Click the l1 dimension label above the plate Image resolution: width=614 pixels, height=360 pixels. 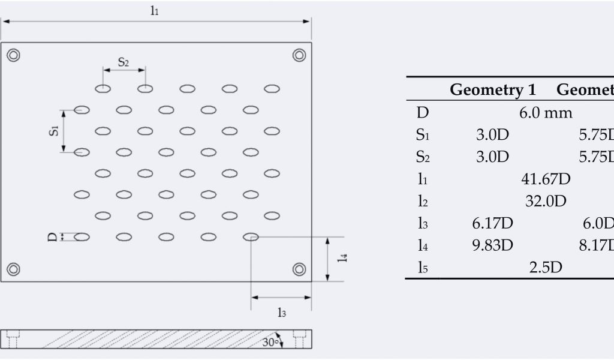pos(155,11)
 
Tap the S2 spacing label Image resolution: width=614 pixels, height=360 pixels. pos(123,61)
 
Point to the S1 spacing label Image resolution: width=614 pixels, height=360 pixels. pos(54,131)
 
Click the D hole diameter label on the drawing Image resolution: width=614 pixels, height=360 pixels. pos(52,237)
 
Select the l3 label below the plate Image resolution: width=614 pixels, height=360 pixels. pos(281,311)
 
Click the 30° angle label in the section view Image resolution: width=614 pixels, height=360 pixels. pos(270,341)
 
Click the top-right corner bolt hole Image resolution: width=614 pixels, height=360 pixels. pos(299,55)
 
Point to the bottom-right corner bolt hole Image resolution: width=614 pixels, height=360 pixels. pos(299,268)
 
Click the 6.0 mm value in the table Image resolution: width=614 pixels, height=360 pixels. pos(546,112)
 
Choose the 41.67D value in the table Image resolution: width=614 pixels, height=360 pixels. pos(546,179)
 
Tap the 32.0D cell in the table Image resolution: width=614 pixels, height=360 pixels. pos(546,201)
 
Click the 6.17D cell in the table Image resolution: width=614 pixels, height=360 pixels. pos(492,223)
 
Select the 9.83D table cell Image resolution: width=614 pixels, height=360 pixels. pos(492,245)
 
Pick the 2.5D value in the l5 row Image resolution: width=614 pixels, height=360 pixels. pos(546,268)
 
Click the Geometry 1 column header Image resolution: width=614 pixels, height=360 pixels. pos(492,90)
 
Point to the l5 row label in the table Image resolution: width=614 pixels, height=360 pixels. pos(423,268)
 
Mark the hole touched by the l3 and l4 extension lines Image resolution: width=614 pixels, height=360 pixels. pos(251,236)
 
